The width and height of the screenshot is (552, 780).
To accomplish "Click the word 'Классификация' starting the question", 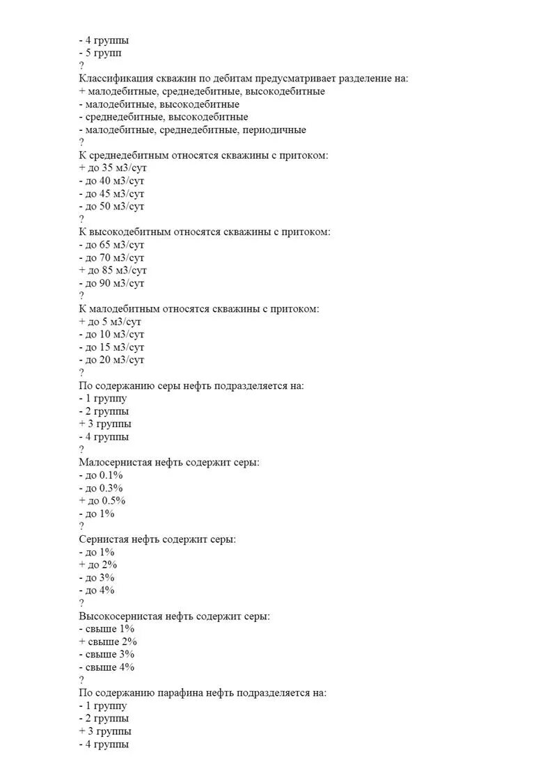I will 114,79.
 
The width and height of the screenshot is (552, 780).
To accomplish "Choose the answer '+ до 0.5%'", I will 102,501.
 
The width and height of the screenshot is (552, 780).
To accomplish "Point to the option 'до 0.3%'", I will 102,488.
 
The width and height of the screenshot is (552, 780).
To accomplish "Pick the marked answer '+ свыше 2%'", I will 108,642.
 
